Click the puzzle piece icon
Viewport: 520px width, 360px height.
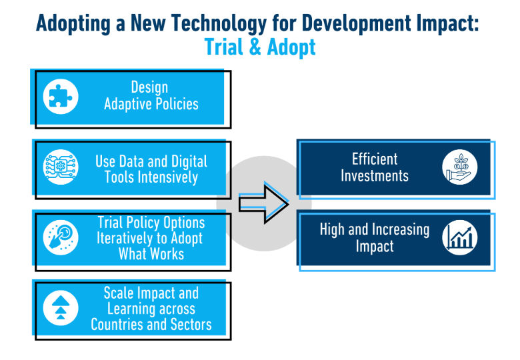point(61,96)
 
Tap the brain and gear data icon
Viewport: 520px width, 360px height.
point(61,168)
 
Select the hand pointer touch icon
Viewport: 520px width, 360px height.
point(61,237)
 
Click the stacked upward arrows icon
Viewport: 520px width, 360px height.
point(61,308)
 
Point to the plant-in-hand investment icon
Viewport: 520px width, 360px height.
point(460,167)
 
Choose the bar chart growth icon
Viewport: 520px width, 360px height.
point(460,237)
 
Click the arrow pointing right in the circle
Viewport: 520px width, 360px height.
point(263,203)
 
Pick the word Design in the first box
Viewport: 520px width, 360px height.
point(149,87)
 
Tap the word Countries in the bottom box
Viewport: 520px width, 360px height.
point(122,325)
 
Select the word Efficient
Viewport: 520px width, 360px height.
point(375,159)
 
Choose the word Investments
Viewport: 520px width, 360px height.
point(375,176)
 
